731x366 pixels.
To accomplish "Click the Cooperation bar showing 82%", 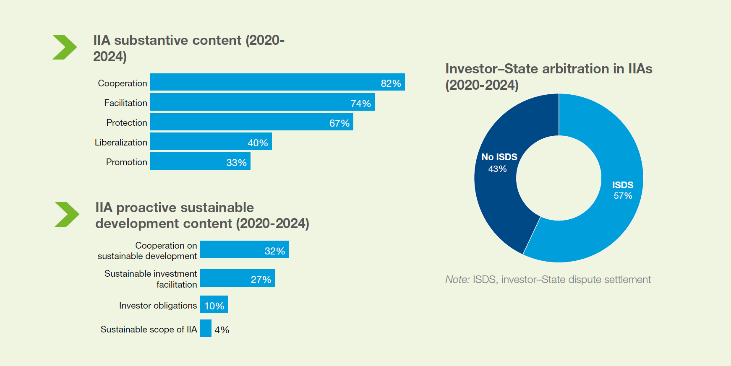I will (x=277, y=82).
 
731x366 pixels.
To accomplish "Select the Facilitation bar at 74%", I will (x=262, y=102).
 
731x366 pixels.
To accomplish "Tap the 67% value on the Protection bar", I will (x=339, y=123).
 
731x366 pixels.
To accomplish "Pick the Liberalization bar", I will (x=211, y=142).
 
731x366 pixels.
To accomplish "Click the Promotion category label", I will (x=126, y=162).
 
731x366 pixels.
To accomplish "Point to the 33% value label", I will (x=236, y=163).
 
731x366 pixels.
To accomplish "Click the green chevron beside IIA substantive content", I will (x=65, y=47).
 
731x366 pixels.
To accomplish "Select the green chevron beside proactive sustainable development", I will (x=67, y=214).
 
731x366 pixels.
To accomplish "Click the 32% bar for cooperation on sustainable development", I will (x=244, y=249).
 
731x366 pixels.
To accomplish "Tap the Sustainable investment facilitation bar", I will (x=237, y=278).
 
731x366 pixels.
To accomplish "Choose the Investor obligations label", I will (x=158, y=306).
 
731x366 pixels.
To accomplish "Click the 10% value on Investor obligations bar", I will (x=214, y=306).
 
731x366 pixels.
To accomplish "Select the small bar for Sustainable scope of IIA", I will (x=206, y=328).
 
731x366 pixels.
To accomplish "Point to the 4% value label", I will (x=222, y=330).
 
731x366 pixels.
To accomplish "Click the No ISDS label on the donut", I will (x=499, y=157).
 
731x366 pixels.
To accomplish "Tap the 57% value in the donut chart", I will (x=623, y=196).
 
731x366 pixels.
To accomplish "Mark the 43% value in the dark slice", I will (x=497, y=169).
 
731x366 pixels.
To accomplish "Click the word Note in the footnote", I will (x=457, y=280).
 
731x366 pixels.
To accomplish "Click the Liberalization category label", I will (x=121, y=143).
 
